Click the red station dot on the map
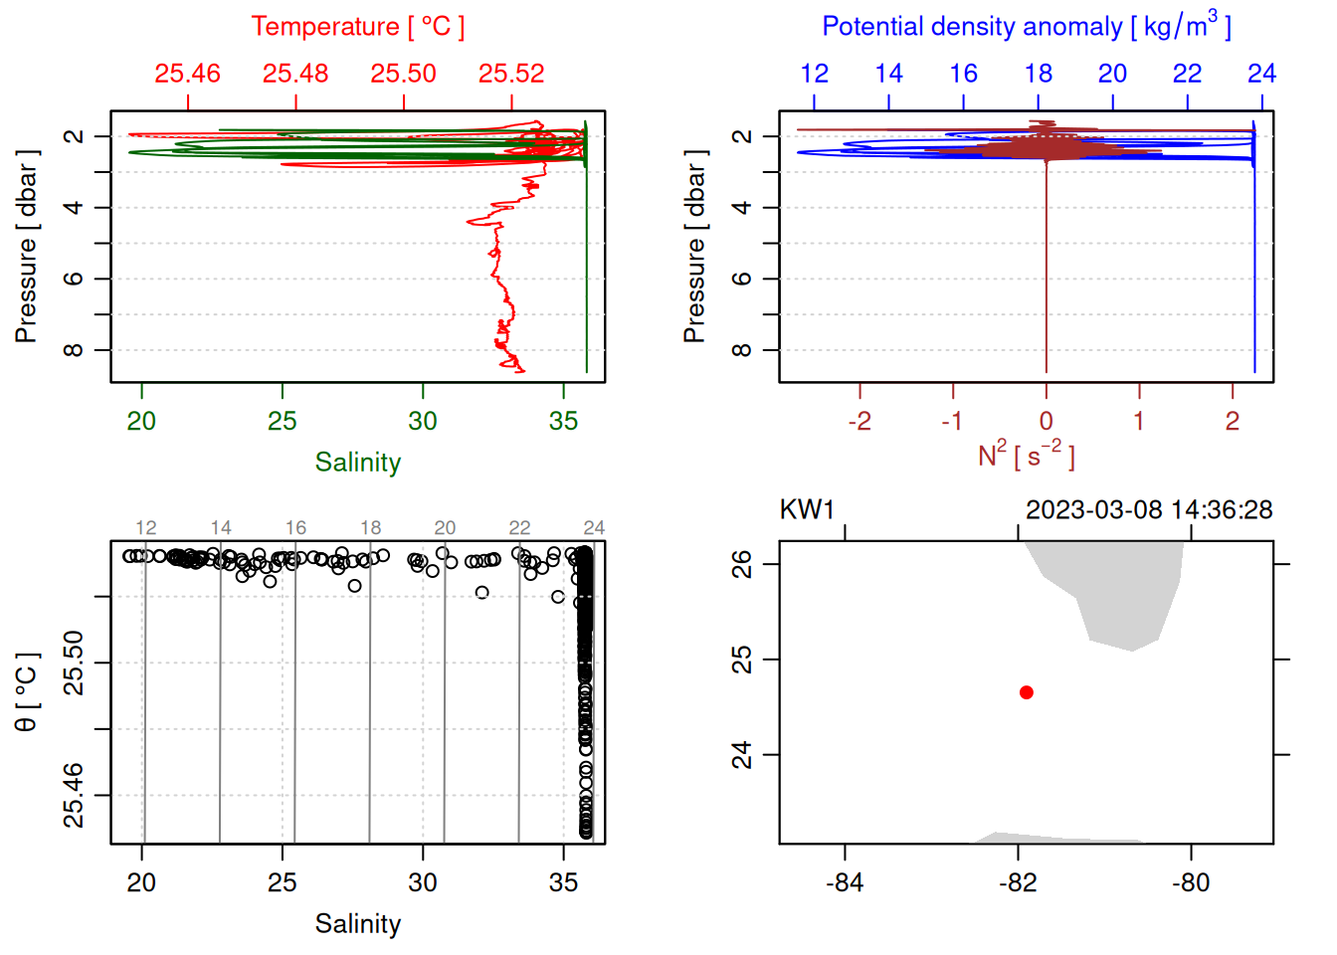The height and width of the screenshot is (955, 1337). pyautogui.click(x=1026, y=692)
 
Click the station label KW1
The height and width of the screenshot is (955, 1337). pyautogui.click(x=807, y=510)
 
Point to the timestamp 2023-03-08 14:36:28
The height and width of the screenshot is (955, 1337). pyautogui.click(x=1149, y=510)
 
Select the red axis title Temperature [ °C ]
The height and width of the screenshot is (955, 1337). pyautogui.click(x=358, y=27)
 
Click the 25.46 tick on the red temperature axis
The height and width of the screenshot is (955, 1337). pyautogui.click(x=188, y=74)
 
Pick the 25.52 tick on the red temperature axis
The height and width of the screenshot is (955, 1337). pyautogui.click(x=511, y=74)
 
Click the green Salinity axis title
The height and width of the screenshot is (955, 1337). pyautogui.click(x=358, y=463)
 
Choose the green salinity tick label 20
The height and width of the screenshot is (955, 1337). pyautogui.click(x=141, y=422)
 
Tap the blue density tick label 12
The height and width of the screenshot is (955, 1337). pyautogui.click(x=814, y=74)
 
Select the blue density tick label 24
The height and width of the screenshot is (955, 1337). pyautogui.click(x=1261, y=74)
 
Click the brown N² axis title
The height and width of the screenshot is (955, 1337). pyautogui.click(x=1027, y=455)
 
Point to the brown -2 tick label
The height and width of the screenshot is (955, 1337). pyautogui.click(x=859, y=422)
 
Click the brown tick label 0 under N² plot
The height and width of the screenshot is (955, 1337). pyautogui.click(x=1046, y=422)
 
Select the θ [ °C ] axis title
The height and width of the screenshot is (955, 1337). pyautogui.click(x=27, y=692)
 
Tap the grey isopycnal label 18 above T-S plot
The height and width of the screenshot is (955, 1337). pyautogui.click(x=370, y=528)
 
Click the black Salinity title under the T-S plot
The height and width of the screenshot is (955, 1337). pyautogui.click(x=358, y=924)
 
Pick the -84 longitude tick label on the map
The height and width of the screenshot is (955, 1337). pyautogui.click(x=845, y=882)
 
